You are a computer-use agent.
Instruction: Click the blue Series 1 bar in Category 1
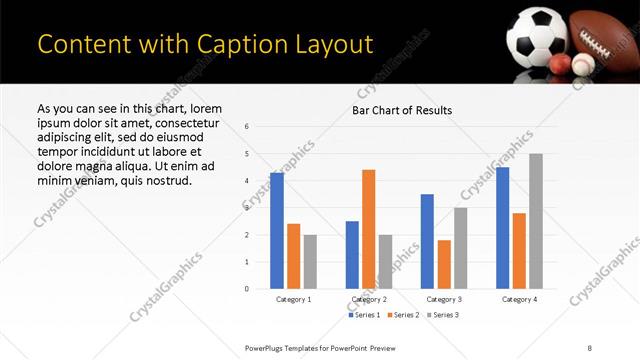point(277,231)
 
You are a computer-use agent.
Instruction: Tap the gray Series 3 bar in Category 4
point(536,221)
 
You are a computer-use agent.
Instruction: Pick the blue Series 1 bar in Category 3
point(427,241)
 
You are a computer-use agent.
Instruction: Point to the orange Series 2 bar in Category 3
point(444,264)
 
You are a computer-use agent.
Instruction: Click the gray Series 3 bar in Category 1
point(310,262)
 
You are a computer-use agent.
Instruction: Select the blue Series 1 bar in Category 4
point(503,228)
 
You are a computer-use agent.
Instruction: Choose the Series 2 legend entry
point(402,315)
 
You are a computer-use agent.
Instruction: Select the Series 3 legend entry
point(441,315)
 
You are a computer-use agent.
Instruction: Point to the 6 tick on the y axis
point(247,127)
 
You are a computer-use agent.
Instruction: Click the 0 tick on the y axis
point(247,289)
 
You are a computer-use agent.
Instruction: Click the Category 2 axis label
point(369,299)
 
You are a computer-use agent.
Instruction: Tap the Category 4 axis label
point(519,299)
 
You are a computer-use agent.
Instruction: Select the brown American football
point(604,37)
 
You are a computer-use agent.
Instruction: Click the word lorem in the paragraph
point(203,109)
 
